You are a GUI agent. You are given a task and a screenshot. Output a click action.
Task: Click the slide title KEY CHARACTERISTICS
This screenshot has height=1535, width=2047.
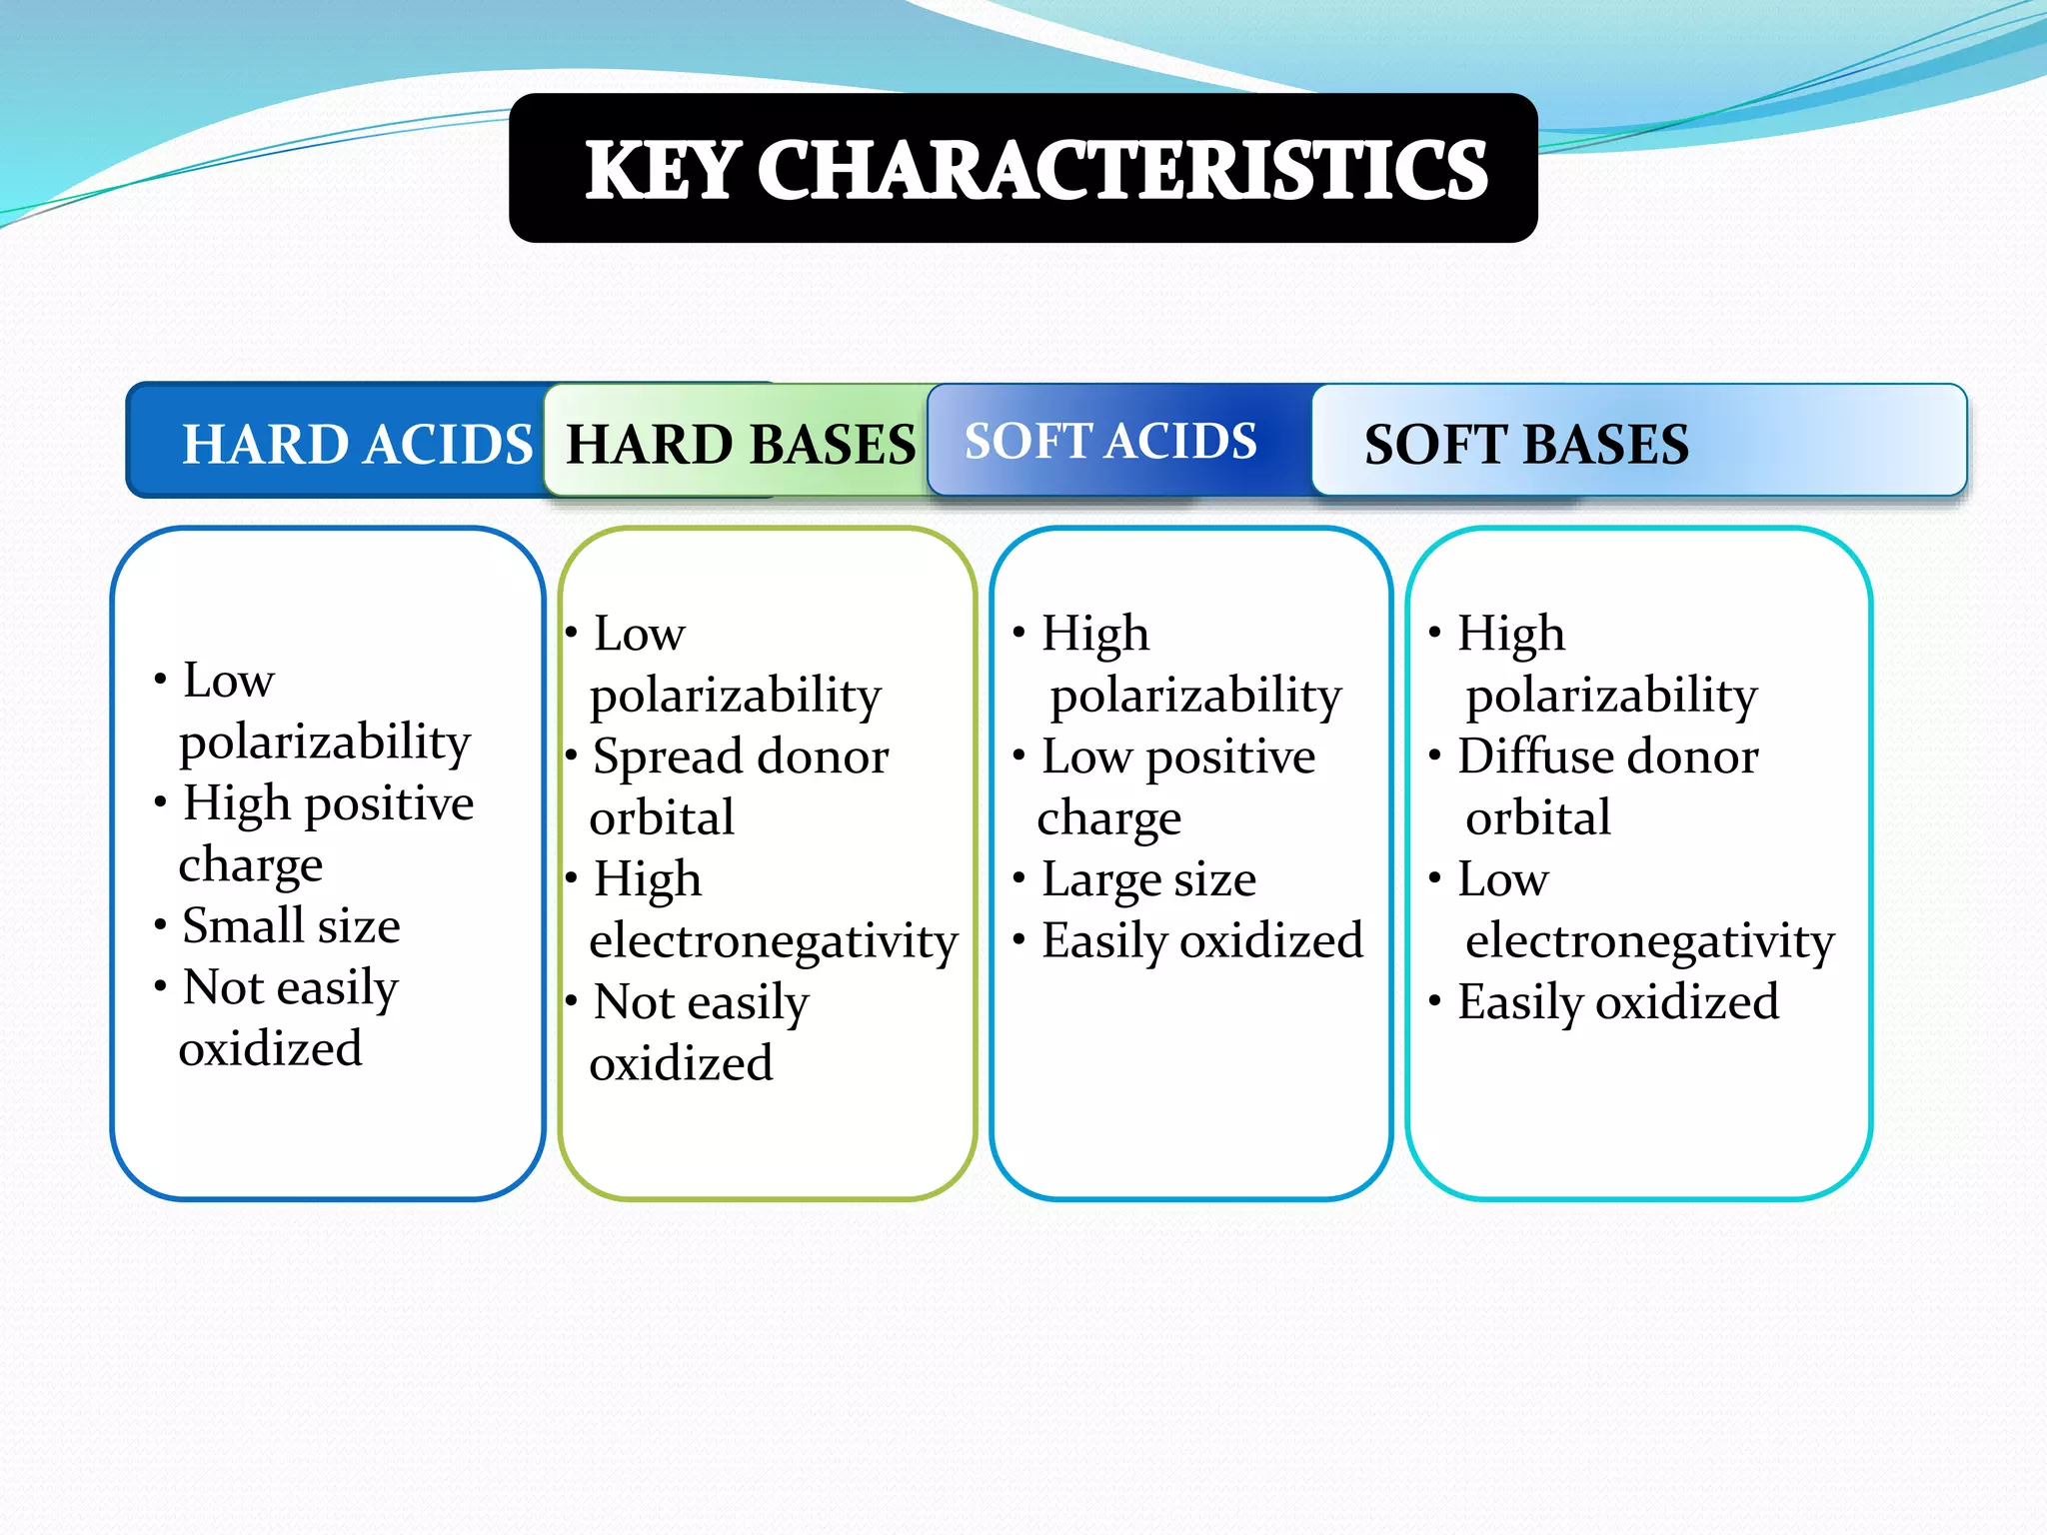1034,170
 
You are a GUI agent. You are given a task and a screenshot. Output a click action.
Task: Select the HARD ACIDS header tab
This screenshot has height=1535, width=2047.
356,444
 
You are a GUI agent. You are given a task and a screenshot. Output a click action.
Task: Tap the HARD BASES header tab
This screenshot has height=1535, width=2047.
740,444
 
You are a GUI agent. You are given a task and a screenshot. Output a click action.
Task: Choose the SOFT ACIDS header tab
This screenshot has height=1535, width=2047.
1109,441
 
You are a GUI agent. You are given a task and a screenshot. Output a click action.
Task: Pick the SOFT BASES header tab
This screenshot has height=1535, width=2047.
1525,444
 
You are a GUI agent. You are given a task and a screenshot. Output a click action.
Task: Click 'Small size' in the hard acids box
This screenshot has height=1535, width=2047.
291,925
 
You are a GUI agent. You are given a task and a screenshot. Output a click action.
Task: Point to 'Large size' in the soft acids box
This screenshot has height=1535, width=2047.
1147,879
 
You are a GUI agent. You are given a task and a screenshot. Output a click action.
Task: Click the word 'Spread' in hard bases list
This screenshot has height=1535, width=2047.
654,758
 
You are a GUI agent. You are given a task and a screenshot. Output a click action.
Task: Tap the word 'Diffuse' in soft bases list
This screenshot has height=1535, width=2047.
1524,757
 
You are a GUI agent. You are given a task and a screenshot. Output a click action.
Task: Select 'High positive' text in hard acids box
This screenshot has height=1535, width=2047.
328,803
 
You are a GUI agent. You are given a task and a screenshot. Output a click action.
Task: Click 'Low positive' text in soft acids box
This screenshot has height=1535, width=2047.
1177,758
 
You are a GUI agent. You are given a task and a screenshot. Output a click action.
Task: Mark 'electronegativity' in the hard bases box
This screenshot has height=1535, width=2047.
773,941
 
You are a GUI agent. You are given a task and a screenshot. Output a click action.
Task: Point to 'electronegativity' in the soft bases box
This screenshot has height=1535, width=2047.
1649,941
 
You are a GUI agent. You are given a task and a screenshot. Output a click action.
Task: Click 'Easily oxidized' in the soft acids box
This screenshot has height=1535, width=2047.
1201,941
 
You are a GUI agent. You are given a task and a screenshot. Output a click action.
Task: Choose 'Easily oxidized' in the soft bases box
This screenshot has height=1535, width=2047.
1617,1002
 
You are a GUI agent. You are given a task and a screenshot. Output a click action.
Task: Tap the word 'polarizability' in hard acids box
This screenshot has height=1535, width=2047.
325,743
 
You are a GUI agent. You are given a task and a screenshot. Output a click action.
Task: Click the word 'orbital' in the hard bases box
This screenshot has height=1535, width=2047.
662,818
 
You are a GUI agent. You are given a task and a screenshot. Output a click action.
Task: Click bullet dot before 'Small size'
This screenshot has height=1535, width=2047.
160,924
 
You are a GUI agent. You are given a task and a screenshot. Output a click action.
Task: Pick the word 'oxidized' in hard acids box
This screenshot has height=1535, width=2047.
270,1049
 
